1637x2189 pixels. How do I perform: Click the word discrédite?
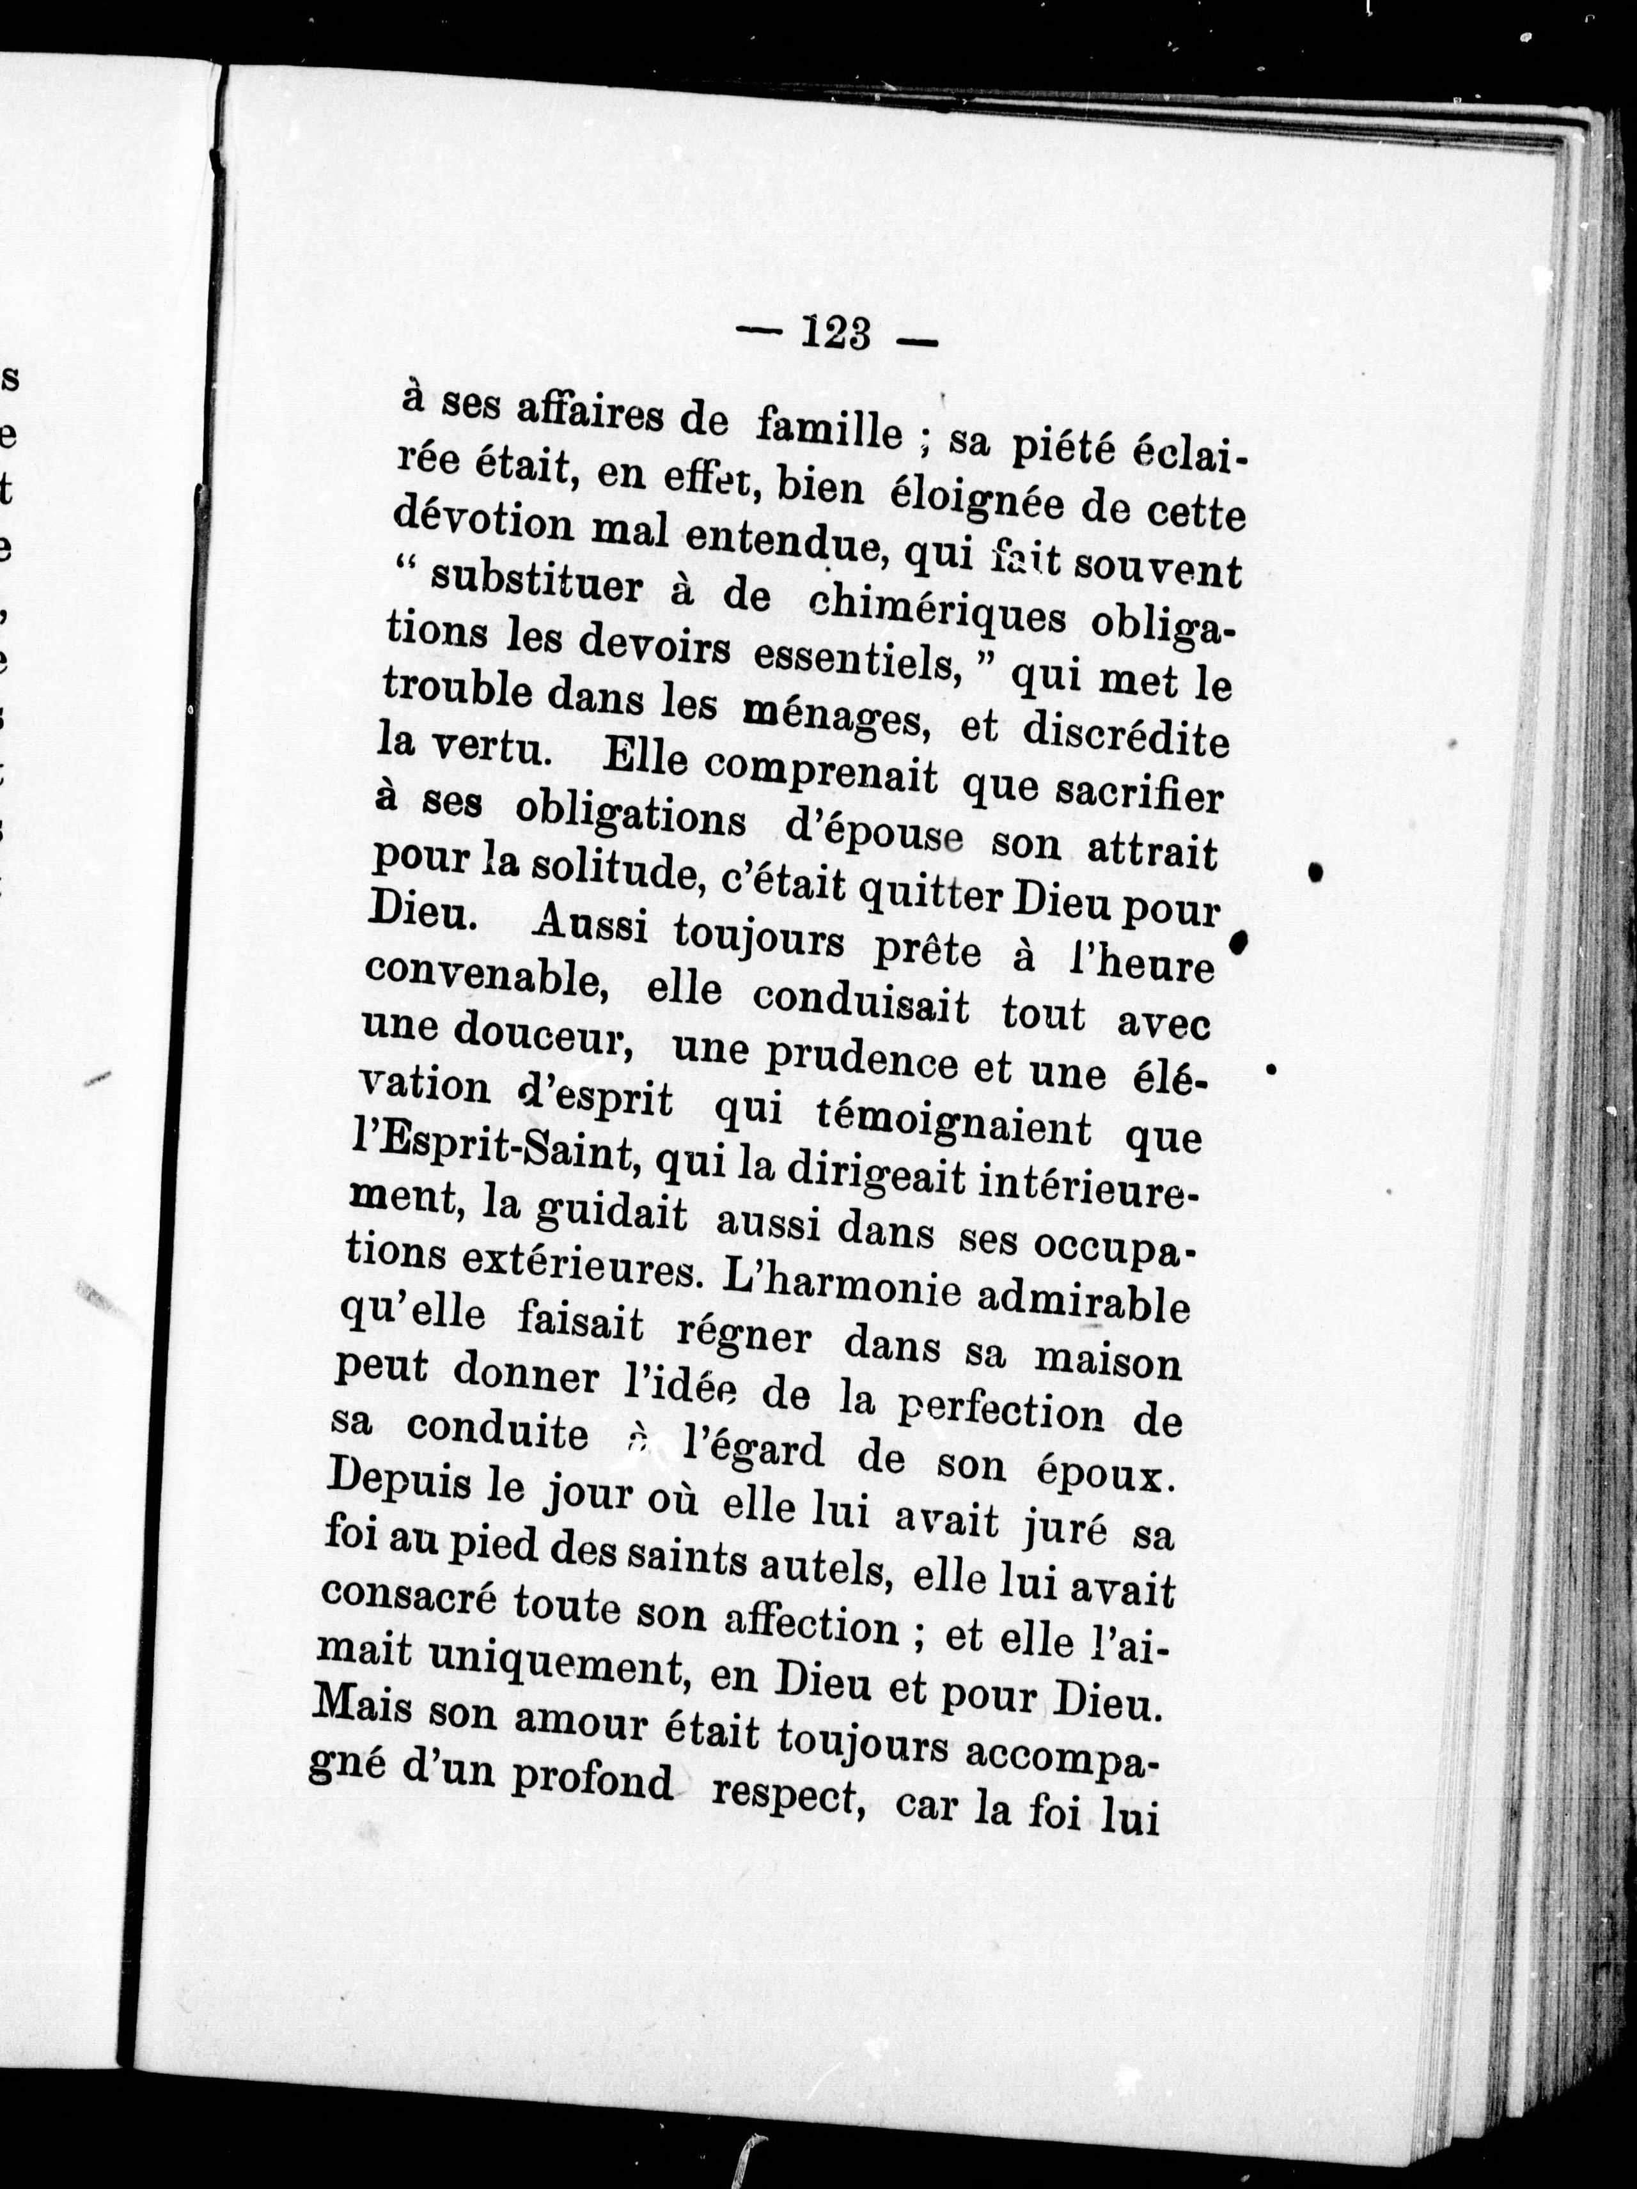click(x=1125, y=737)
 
